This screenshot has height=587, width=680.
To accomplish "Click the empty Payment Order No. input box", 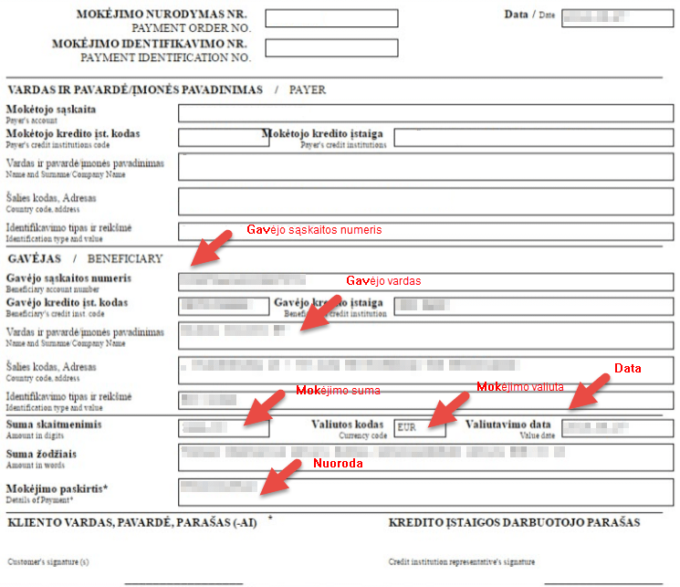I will (331, 18).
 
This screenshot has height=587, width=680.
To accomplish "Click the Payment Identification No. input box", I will (331, 48).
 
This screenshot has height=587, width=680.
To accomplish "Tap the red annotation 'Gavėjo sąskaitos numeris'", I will (314, 229).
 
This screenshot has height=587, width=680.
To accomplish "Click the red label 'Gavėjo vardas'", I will (383, 280).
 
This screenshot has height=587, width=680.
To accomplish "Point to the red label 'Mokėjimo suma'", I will (338, 391).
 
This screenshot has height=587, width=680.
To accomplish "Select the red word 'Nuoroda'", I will (338, 463).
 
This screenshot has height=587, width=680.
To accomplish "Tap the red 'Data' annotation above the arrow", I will (627, 368).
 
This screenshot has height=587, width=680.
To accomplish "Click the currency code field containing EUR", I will (420, 427).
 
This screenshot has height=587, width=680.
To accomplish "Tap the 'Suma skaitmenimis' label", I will (54, 425).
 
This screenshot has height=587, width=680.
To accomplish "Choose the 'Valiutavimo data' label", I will (508, 425).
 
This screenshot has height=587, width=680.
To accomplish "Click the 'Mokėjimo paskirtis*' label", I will (58, 489).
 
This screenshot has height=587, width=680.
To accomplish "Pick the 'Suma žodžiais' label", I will (41, 454).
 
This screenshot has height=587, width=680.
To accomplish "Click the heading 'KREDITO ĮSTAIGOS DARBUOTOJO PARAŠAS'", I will (514, 523).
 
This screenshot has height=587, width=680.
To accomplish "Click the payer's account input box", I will (425, 113).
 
